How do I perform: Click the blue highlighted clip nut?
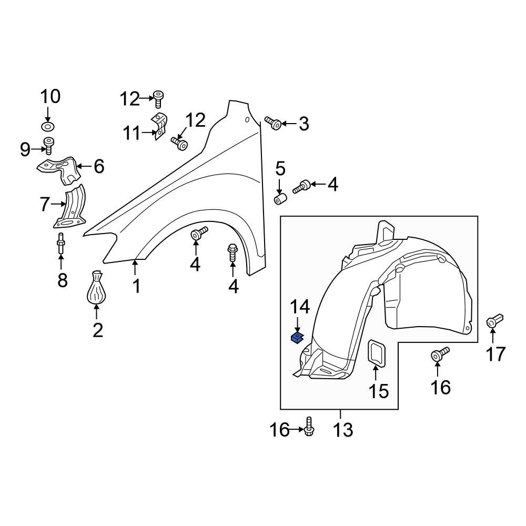(297, 338)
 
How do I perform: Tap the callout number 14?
(300, 307)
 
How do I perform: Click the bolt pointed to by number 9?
(49, 146)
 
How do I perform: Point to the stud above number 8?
(61, 243)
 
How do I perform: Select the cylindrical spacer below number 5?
(280, 198)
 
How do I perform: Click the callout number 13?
(343, 430)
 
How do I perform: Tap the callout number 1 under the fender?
(136, 286)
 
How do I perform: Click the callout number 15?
(379, 391)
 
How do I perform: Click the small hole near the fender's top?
(247, 120)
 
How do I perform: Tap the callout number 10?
(50, 97)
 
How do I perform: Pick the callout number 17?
(496, 355)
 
